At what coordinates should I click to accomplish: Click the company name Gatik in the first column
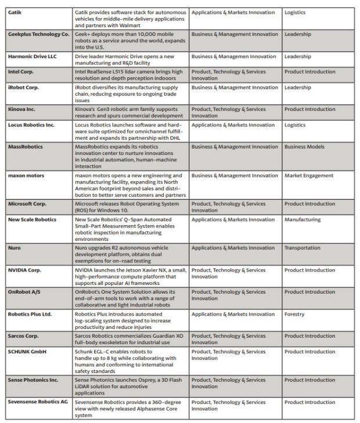(x=15, y=12)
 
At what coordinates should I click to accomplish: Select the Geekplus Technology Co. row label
(x=38, y=34)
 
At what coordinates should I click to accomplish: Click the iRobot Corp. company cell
(x=23, y=87)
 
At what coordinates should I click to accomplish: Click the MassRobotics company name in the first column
(x=26, y=147)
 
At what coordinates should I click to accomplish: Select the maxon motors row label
(x=26, y=175)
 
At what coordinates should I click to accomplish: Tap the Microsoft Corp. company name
(x=27, y=204)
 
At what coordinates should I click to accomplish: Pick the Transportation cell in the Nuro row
(x=302, y=248)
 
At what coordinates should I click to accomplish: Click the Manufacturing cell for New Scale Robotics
(x=302, y=219)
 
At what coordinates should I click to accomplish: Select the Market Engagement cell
(x=309, y=175)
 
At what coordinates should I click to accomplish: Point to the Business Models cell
(x=306, y=147)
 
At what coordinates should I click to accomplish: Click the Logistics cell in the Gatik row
(x=295, y=12)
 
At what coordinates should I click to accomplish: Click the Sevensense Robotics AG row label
(x=38, y=402)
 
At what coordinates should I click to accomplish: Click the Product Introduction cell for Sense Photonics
(x=309, y=380)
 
